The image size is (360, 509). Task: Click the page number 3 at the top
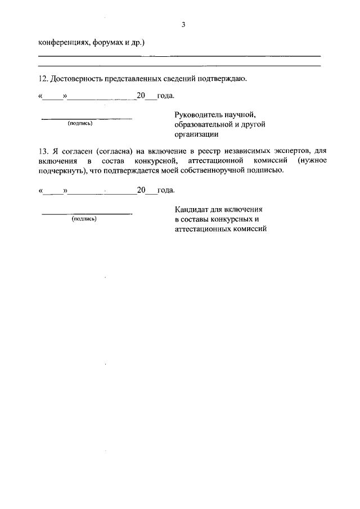click(183, 25)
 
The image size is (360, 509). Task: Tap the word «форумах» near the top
click(105, 42)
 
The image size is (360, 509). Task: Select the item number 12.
click(43, 79)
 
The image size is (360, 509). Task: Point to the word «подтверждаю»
click(222, 79)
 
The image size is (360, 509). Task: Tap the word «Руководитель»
click(198, 115)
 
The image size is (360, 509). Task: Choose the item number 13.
click(43, 151)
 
